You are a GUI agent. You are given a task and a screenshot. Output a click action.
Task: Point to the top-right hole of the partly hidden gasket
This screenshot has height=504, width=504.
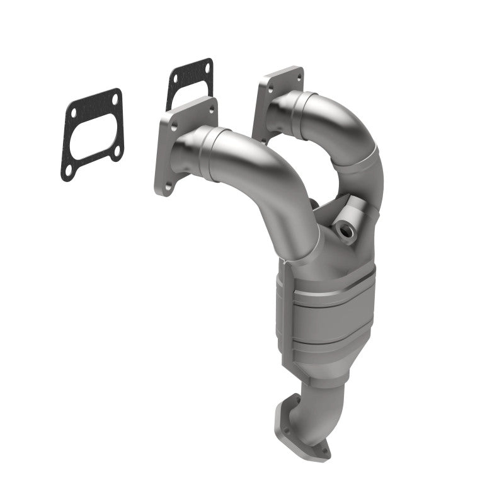tap(206, 68)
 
